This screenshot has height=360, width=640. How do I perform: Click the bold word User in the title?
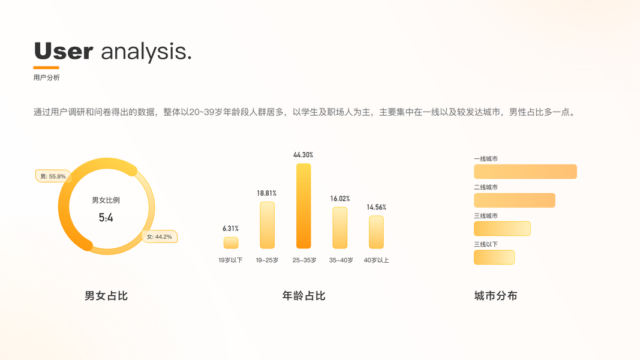pyautogui.click(x=64, y=51)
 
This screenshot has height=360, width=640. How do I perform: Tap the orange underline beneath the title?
pyautogui.click(x=46, y=67)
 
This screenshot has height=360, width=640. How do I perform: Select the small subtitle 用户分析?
pyautogui.click(x=47, y=77)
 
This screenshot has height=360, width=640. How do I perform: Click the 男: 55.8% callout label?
pyautogui.click(x=53, y=176)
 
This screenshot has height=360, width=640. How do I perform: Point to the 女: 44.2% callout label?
pyautogui.click(x=160, y=237)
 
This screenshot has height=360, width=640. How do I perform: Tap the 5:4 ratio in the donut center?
pyautogui.click(x=106, y=218)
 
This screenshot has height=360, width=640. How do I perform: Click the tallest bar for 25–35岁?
pyautogui.click(x=304, y=206)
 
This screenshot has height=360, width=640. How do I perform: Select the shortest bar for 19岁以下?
pyautogui.click(x=231, y=243)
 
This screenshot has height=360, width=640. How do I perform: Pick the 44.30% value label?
pyautogui.click(x=304, y=155)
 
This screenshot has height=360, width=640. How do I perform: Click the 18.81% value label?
pyautogui.click(x=266, y=193)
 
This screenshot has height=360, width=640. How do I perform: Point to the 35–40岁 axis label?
pyautogui.click(x=341, y=260)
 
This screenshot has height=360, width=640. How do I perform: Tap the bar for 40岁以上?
pyautogui.click(x=376, y=232)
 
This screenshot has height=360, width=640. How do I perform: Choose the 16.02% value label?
pyautogui.click(x=340, y=199)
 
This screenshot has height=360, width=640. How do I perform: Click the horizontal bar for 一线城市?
pyautogui.click(x=525, y=172)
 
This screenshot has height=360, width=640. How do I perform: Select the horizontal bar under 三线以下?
pyautogui.click(x=494, y=257)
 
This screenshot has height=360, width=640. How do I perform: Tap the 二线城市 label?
pyautogui.click(x=486, y=187)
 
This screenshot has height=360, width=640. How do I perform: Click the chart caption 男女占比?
pyautogui.click(x=106, y=296)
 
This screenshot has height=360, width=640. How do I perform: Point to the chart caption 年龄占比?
pyautogui.click(x=304, y=296)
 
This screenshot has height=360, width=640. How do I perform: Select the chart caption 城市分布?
pyautogui.click(x=496, y=296)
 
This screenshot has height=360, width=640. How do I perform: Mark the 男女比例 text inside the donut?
pyautogui.click(x=106, y=200)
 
